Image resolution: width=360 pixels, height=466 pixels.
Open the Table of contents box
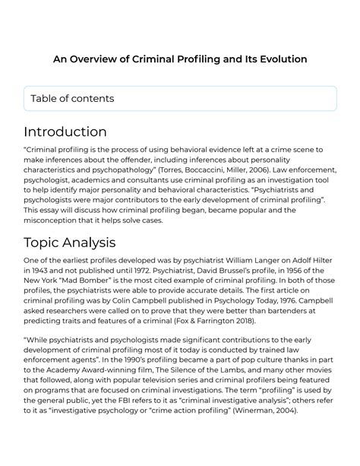pos(179,99)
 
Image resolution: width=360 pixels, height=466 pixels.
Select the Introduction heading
pos(65,132)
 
